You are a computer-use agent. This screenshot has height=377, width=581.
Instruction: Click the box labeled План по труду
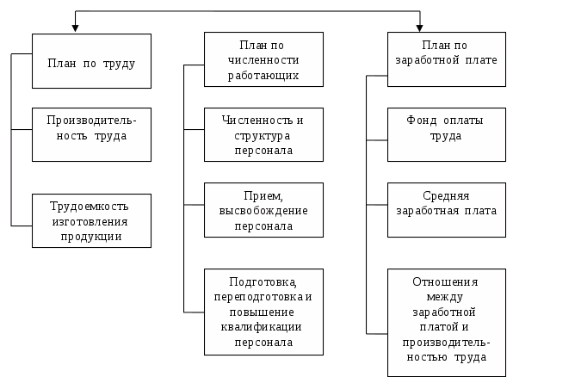(92, 61)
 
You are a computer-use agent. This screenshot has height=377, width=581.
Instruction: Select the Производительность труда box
(92, 134)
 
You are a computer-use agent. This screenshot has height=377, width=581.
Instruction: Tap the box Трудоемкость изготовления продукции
(92, 221)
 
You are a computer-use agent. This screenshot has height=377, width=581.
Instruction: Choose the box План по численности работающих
(264, 59)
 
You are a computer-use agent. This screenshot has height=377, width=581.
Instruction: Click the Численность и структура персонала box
(264, 134)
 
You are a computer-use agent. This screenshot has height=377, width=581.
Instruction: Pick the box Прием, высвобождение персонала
(264, 211)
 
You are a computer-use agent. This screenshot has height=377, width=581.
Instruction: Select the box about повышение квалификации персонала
(264, 312)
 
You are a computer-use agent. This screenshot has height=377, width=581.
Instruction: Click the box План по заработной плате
(446, 59)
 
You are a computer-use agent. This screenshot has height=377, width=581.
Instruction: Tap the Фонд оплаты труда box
(446, 134)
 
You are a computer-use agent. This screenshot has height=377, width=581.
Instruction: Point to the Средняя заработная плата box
(446, 210)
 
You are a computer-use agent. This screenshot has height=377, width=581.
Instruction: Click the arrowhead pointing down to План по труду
(76, 28)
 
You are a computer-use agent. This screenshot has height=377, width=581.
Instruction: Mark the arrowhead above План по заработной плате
(420, 28)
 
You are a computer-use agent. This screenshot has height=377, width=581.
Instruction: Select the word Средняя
(446, 195)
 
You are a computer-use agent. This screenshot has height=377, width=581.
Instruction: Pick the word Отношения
(446, 282)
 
